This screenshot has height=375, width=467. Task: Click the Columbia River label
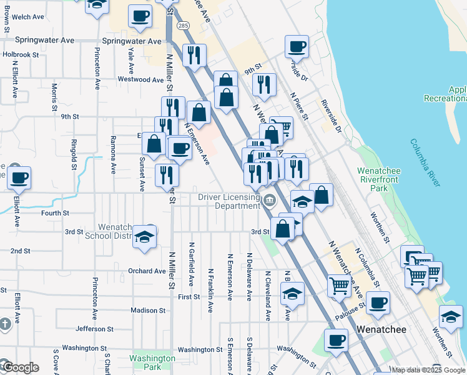(x=425, y=162)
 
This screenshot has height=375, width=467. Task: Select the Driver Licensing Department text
(x=229, y=201)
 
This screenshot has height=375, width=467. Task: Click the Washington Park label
(x=152, y=362)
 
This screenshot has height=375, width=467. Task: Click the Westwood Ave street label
(x=140, y=79)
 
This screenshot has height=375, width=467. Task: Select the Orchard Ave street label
(x=147, y=271)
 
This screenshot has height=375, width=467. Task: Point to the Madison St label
(x=148, y=310)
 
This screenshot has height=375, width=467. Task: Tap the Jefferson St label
(x=94, y=328)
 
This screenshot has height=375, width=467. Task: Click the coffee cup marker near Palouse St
(x=378, y=304)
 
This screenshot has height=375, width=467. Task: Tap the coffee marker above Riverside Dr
(x=297, y=46)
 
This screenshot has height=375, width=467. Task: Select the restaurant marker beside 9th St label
(x=265, y=84)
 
